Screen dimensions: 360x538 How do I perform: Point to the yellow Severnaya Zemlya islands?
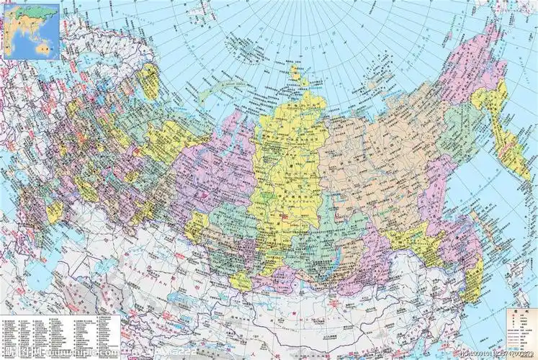point(296,72)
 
